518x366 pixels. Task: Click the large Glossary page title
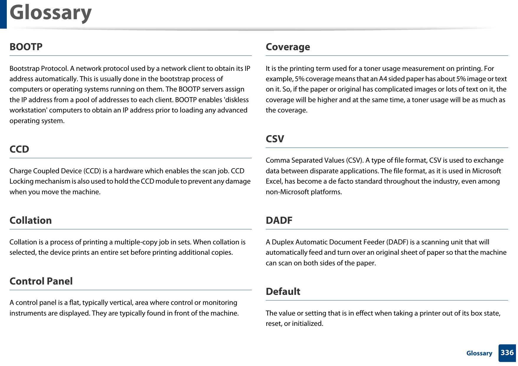click(50, 13)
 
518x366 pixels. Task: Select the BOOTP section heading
click(26, 47)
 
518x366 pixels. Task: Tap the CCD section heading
click(19, 149)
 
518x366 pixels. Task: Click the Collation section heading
click(31, 220)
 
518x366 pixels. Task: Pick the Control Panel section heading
click(41, 281)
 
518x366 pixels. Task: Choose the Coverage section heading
click(288, 47)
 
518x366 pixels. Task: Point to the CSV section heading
click(275, 139)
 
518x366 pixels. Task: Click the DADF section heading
click(279, 220)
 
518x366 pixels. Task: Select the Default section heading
click(283, 291)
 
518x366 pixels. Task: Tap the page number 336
click(507, 353)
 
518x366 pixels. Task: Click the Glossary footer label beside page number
click(479, 353)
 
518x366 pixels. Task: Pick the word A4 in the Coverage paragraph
click(383, 79)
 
